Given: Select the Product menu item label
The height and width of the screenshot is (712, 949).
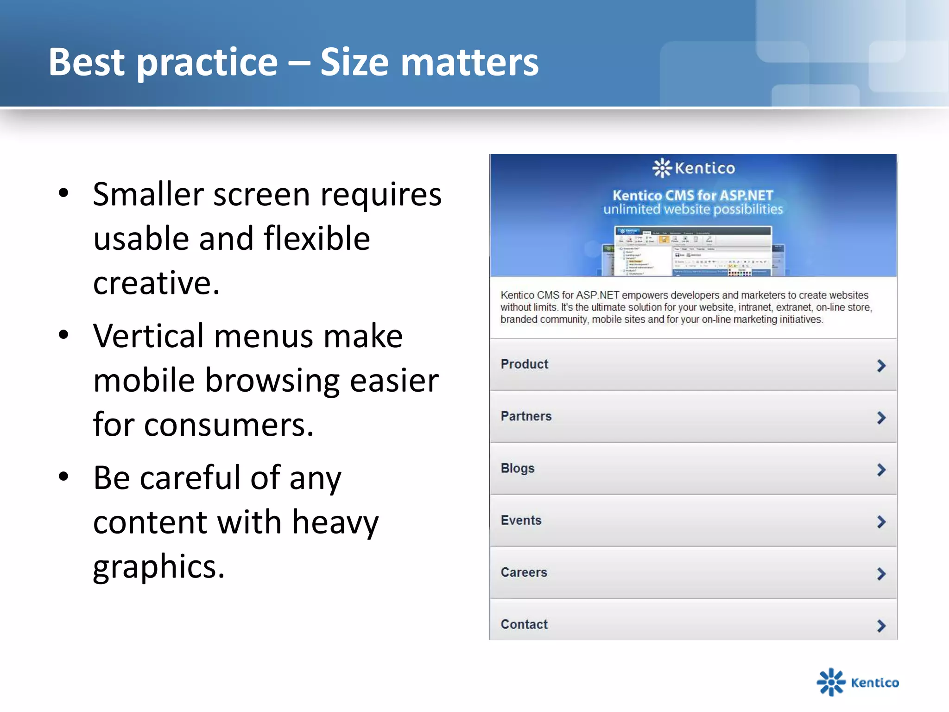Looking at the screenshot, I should pos(524,364).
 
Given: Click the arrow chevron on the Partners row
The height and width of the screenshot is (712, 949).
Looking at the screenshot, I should pos(881,418).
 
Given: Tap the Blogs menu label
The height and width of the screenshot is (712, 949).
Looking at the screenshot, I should pos(517,468).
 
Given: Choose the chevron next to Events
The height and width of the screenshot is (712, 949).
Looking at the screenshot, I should pos(881,522).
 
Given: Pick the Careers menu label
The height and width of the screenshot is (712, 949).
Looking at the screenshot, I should pos(524,572).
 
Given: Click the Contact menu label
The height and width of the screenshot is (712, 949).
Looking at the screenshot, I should pos(524,624).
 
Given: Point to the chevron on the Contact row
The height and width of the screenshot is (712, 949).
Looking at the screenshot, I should pos(881,626).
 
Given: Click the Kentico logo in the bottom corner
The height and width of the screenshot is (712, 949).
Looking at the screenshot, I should pos(857,682).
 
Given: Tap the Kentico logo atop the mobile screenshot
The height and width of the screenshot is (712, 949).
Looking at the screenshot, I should pos(693,168).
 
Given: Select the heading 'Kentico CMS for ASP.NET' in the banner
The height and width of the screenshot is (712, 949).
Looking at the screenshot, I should pos(693,195).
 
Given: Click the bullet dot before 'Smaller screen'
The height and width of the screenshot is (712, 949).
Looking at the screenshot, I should pos(64,193).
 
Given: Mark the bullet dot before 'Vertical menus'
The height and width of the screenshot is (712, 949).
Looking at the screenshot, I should pos(64,335).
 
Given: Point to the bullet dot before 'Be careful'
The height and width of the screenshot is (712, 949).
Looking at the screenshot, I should pos(64,476).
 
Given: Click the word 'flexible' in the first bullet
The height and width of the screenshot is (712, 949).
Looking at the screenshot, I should pos(316,238).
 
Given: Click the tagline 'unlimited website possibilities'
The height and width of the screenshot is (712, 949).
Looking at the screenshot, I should pos(693,210).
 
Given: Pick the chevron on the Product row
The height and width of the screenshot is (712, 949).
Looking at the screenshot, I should pos(881,366).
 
